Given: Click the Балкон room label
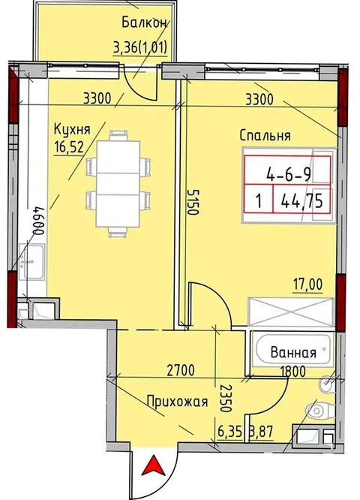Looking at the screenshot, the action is [x=144, y=23].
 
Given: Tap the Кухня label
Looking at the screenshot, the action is [x=72, y=129].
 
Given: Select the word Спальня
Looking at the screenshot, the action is [x=265, y=136].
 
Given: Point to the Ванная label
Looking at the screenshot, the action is [x=293, y=353].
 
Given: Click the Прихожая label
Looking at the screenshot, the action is [x=178, y=401].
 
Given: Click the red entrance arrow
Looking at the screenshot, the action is [x=154, y=465].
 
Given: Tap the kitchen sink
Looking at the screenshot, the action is [x=31, y=261].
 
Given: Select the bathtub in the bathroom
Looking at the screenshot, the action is [x=292, y=350].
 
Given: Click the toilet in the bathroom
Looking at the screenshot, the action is [x=319, y=411].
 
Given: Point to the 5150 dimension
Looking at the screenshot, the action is [x=193, y=202].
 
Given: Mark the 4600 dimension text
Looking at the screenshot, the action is [x=38, y=221].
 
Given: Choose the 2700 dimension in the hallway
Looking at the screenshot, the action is [x=180, y=371].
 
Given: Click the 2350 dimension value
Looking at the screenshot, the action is [x=226, y=398].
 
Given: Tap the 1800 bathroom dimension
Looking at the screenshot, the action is [x=292, y=371].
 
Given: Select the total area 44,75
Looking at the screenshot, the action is [x=301, y=201].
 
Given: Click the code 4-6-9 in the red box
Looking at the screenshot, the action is [x=289, y=175].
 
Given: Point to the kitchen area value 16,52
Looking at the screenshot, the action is [x=69, y=147].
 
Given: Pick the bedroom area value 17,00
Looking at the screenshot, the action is [x=308, y=284].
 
